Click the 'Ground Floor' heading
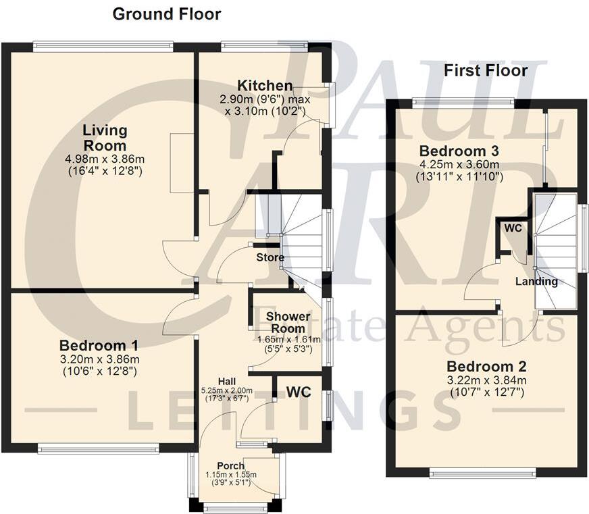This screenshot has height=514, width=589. point(166,14)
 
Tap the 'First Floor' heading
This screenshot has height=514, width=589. point(485,70)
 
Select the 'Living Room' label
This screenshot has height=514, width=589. point(105,137)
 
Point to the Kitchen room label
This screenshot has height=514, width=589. point(265,86)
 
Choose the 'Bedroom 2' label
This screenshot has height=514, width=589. point(486,366)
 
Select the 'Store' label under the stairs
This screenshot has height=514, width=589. point(270,257)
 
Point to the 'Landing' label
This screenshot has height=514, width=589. point(537,281)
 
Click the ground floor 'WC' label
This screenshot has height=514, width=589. point(299,392)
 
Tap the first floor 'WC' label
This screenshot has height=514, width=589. point(513,228)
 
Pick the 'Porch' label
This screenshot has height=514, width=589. point(230,465)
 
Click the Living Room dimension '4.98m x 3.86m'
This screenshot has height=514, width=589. point(107,159)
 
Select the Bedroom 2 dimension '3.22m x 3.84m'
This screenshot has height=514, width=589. point(486,380)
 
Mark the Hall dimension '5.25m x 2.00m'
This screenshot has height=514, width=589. point(226,390)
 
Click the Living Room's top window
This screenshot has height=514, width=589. point(103,46)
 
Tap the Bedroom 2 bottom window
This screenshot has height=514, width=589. point(483,473)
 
